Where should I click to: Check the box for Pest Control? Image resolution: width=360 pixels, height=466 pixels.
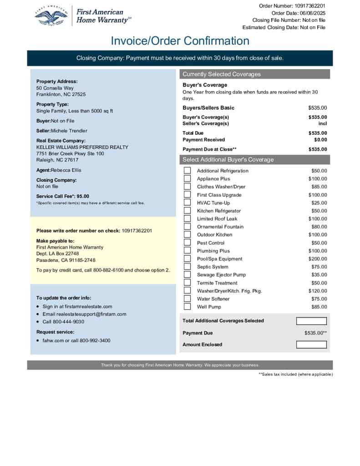point(187,243)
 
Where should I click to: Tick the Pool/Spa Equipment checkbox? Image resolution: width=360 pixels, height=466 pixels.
point(187,258)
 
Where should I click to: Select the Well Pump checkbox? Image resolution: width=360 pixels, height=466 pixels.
point(187,307)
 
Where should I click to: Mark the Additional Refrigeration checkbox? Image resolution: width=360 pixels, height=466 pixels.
point(187,171)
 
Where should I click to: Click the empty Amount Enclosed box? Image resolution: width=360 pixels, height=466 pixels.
point(311,344)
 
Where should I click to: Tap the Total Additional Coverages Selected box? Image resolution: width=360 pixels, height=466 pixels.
point(311,321)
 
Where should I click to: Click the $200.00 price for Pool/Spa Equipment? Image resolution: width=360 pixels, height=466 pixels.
point(317,259)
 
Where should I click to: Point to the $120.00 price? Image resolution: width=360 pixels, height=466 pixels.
point(317,291)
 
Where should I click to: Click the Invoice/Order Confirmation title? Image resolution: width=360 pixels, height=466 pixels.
point(180,41)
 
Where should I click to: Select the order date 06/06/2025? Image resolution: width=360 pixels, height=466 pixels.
point(311,13)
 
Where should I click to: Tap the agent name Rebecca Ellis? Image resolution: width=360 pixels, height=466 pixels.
point(66,170)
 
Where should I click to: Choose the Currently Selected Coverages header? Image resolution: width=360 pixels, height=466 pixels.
point(222,74)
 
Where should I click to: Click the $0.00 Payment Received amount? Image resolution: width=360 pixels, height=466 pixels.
point(320,140)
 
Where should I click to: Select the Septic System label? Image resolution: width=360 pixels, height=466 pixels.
point(213,267)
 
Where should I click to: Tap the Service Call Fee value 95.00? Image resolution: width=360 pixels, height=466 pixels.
point(83,196)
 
